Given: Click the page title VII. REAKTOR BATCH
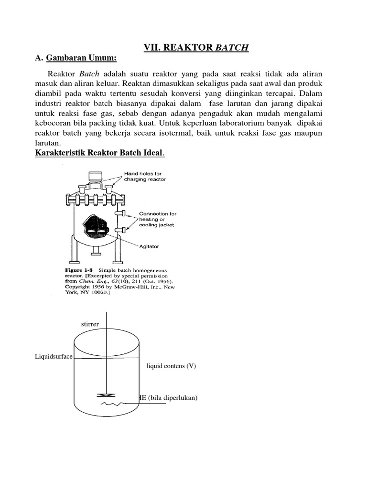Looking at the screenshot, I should [196, 47].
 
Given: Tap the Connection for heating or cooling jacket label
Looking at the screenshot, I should [158, 219].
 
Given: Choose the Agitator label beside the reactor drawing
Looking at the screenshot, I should [149, 246].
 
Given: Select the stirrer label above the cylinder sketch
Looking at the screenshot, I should [90, 324].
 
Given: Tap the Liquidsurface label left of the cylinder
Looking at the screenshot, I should [54, 357].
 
